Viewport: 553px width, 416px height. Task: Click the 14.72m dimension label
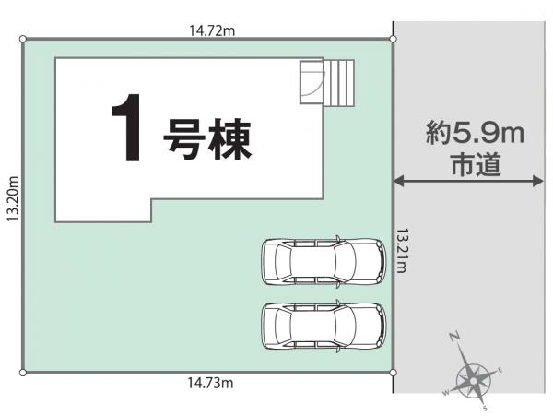pyautogui.click(x=212, y=30)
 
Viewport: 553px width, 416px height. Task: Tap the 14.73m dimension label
pyautogui.click(x=210, y=383)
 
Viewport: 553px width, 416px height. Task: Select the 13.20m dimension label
pyautogui.click(x=13, y=198)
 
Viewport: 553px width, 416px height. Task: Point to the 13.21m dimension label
pyautogui.click(x=401, y=251)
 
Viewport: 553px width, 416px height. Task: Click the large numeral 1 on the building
pyautogui.click(x=127, y=127)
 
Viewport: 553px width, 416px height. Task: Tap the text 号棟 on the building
pyautogui.click(x=207, y=139)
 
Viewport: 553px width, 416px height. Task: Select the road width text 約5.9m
pyautogui.click(x=475, y=132)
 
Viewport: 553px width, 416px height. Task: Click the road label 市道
pyautogui.click(x=477, y=164)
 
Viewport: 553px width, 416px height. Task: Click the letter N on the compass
pyautogui.click(x=454, y=337)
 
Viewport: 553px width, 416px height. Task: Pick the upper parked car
pyautogui.click(x=324, y=261)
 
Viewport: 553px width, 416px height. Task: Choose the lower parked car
pyautogui.click(x=324, y=326)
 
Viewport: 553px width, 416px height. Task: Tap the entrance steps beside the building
pyautogui.click(x=339, y=83)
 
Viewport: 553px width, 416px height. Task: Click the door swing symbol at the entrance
pyautogui.click(x=312, y=82)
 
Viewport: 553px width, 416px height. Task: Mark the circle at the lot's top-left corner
pyautogui.click(x=23, y=39)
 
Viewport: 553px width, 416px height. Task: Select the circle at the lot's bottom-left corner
pyautogui.click(x=23, y=373)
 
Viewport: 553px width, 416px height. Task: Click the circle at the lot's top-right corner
pyautogui.click(x=394, y=39)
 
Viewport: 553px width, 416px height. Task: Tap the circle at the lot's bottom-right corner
pyautogui.click(x=394, y=373)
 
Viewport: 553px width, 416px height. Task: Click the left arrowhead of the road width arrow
pyautogui.click(x=398, y=181)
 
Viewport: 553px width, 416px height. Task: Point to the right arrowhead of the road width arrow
pyautogui.click(x=538, y=181)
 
